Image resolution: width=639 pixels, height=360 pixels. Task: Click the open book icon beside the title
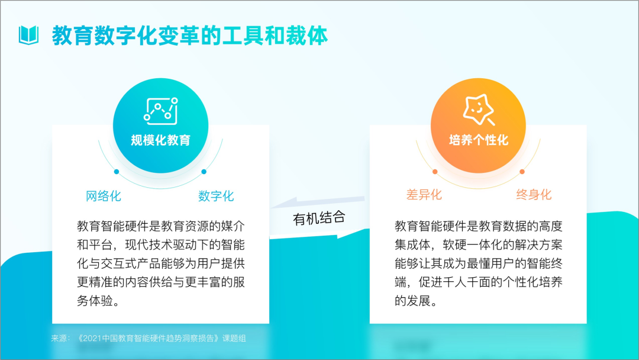pos(28,35)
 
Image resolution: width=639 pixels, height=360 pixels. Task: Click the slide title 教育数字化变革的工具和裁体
pos(189,36)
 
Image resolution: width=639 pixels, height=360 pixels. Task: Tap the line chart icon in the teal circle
pos(161,111)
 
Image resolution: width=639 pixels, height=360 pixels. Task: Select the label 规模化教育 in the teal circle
pos(160,140)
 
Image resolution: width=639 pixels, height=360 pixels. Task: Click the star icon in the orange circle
pos(479,110)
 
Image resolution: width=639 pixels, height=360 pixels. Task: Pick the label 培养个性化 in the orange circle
pos(479,140)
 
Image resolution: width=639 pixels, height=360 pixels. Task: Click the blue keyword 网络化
pos(104,196)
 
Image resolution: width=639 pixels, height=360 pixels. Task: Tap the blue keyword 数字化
pos(216,196)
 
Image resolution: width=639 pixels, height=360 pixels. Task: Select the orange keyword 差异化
pos(424,194)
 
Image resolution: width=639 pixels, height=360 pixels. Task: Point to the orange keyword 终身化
pos(534,194)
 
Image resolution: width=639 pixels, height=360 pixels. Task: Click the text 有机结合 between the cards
pos(319,218)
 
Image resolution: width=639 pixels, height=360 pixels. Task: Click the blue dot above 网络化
pos(117,172)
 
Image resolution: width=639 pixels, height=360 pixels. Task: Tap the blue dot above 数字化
pos(204,172)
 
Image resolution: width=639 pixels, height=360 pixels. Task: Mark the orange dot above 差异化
pos(435,172)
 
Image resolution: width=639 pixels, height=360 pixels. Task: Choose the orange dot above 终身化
pos(522,172)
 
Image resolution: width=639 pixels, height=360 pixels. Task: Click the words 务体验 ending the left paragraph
pos(95,301)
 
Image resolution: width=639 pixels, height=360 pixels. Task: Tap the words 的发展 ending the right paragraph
pos(412,301)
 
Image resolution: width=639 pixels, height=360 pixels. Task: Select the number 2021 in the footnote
pos(92,339)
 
